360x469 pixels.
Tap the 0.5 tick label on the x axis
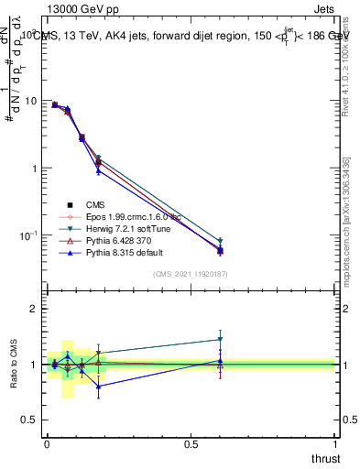[191, 444]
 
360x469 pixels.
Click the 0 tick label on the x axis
[47, 444]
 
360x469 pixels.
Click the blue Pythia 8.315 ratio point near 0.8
[98, 386]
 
